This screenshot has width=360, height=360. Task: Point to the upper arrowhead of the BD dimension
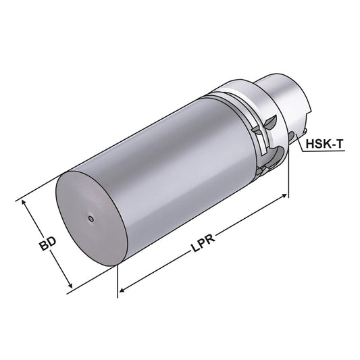click(25, 203)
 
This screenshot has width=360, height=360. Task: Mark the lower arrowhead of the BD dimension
click(70, 286)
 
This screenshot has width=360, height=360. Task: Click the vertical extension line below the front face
click(119, 277)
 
